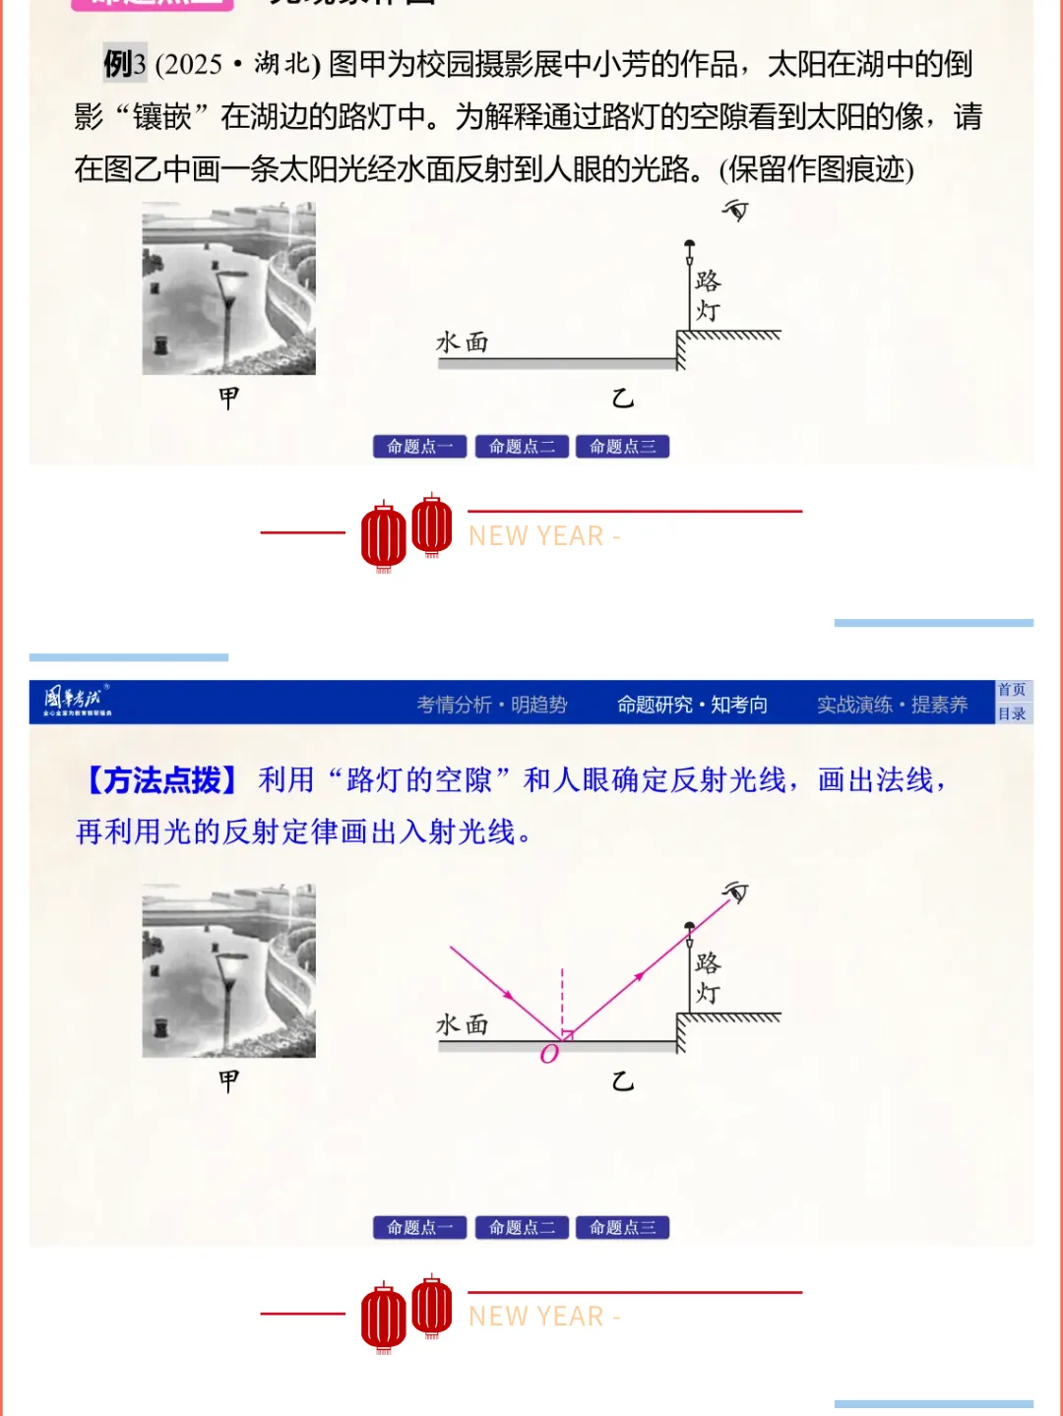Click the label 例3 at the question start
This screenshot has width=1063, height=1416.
(124, 65)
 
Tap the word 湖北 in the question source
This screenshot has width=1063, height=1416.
(282, 65)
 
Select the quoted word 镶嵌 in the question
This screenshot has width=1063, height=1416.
(161, 117)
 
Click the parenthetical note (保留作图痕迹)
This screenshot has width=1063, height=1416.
(816, 169)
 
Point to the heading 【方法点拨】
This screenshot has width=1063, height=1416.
(161, 780)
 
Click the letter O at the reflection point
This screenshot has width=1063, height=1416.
(549, 1054)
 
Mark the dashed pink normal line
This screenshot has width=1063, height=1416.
(562, 999)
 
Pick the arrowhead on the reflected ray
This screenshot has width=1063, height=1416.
(640, 976)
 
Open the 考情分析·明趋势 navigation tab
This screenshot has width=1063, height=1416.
(491, 705)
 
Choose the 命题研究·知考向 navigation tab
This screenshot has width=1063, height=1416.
(692, 705)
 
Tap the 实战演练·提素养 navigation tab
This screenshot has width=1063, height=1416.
(892, 705)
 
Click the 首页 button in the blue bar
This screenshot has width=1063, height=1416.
(1012, 691)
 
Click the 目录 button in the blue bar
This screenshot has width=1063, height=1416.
(1012, 714)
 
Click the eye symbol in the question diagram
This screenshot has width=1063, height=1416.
(735, 210)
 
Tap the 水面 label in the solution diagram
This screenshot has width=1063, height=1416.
(463, 1024)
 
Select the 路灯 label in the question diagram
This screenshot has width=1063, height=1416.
(707, 295)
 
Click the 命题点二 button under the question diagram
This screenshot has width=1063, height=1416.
(522, 447)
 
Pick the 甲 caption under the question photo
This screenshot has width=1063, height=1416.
(228, 398)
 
